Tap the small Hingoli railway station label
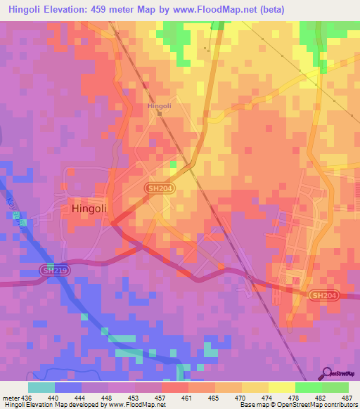(160, 106)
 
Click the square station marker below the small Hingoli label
(160, 113)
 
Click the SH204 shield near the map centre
(160, 189)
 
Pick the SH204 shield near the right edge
(325, 295)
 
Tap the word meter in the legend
(13, 398)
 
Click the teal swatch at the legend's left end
(41, 387)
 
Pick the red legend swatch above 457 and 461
(174, 387)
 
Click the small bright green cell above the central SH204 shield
(174, 164)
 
